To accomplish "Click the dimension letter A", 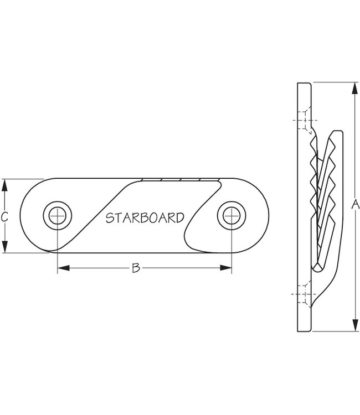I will click(355, 205).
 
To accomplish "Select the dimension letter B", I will click(135, 268).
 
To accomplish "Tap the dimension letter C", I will click(4, 217).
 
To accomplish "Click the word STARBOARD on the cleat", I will click(145, 217).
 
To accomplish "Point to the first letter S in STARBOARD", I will click(110, 217).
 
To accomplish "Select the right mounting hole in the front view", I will click(230, 215).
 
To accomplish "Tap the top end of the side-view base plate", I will click(305, 85).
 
